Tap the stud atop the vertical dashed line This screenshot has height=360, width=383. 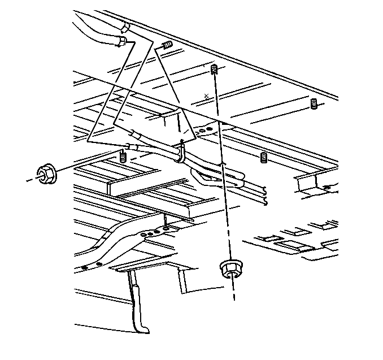coord(214,70)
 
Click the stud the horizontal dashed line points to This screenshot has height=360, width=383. coord(123,157)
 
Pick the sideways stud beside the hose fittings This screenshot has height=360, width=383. coord(166,45)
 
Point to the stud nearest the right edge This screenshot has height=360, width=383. coord(314,103)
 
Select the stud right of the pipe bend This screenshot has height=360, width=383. coord(263,157)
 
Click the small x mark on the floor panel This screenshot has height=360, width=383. coord(207,95)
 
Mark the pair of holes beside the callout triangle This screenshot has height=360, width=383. coord(206,131)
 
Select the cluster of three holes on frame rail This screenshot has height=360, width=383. coord(150,231)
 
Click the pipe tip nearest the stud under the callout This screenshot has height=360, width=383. coord(130,147)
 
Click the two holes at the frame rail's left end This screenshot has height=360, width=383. coord(91,265)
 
